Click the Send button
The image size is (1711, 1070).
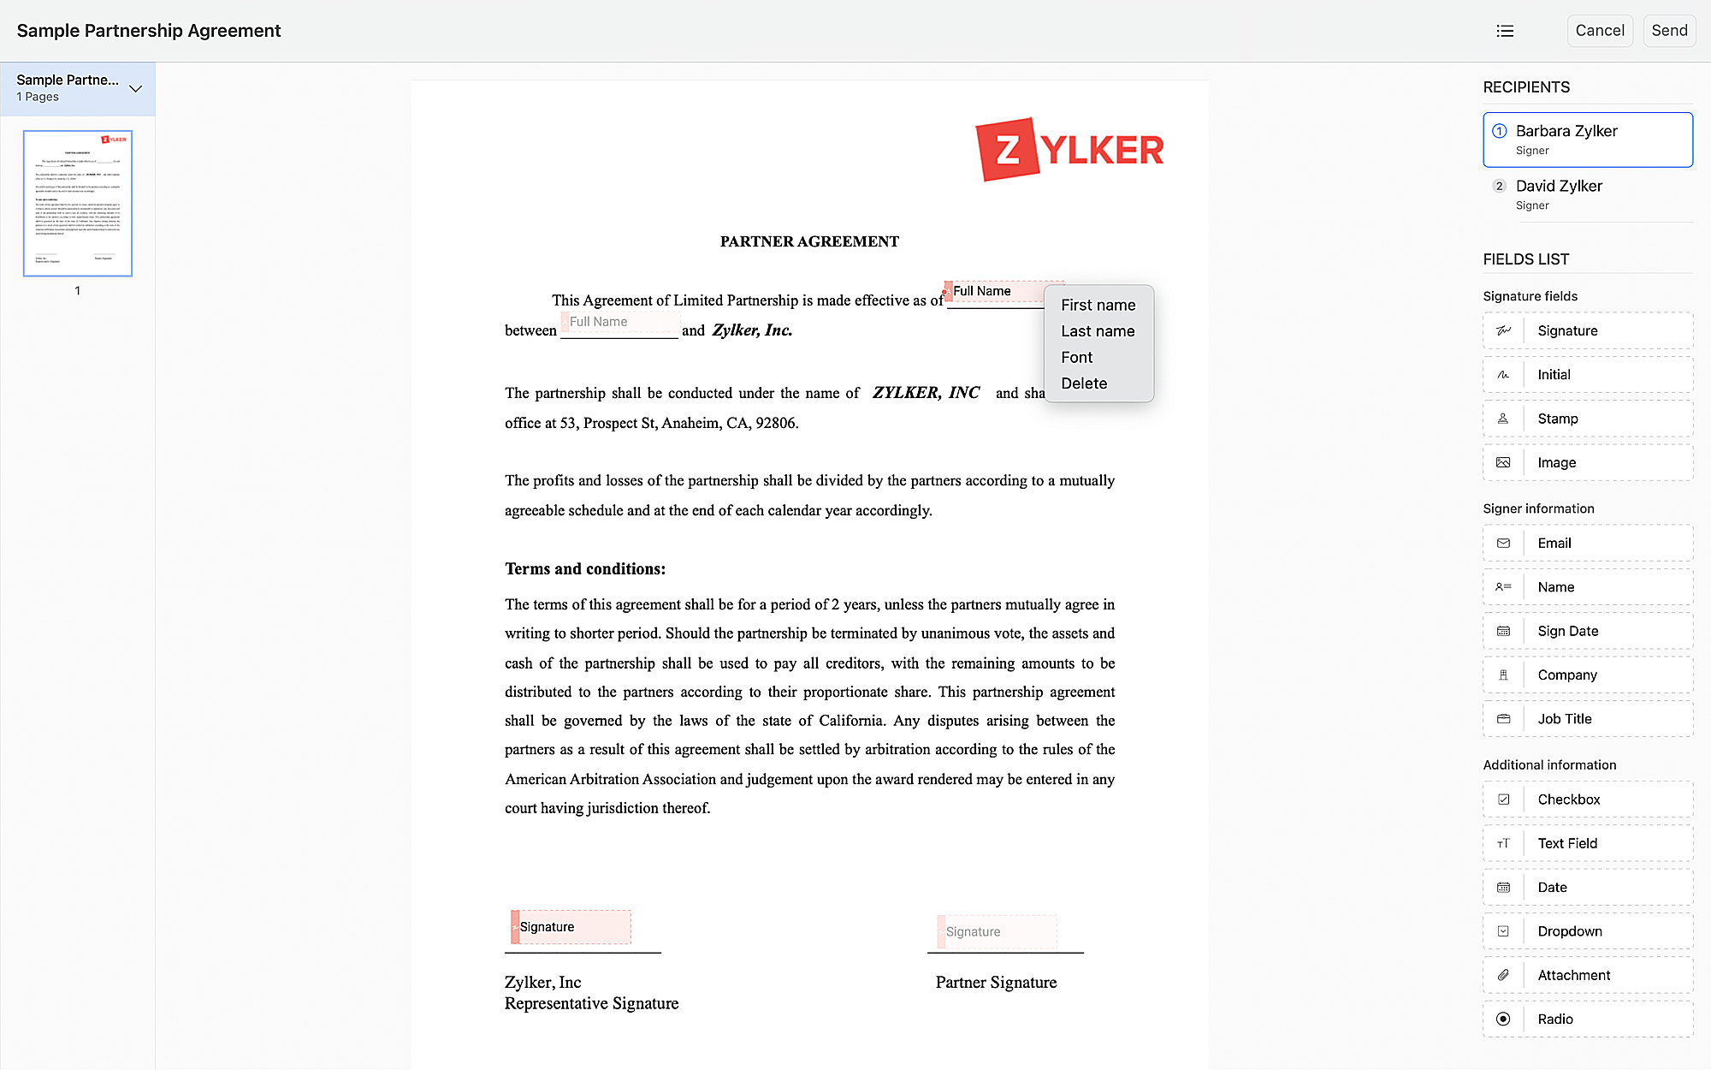tap(1668, 31)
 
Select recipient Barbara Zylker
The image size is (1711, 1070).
tap(1587, 140)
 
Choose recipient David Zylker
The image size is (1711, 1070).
tap(1587, 194)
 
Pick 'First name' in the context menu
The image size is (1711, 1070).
tap(1098, 306)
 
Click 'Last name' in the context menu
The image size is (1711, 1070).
tap(1098, 331)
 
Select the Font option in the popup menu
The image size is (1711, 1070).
tap(1077, 358)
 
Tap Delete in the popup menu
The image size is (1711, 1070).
tap(1084, 383)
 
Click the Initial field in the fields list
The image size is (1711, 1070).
tap(1587, 375)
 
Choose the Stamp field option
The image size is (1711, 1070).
tap(1587, 419)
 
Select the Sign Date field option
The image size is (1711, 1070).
tap(1587, 631)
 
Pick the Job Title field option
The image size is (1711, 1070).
tap(1587, 719)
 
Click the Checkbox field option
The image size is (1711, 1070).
tap(1587, 800)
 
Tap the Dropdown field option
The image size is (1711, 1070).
tap(1587, 931)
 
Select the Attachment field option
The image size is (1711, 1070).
tap(1587, 975)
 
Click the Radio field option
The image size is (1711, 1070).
tap(1587, 1019)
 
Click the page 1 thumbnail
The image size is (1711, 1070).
tap(78, 203)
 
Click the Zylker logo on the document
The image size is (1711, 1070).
tap(1069, 150)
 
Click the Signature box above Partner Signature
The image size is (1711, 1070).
tap(997, 931)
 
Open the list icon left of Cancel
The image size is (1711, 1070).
tap(1505, 31)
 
